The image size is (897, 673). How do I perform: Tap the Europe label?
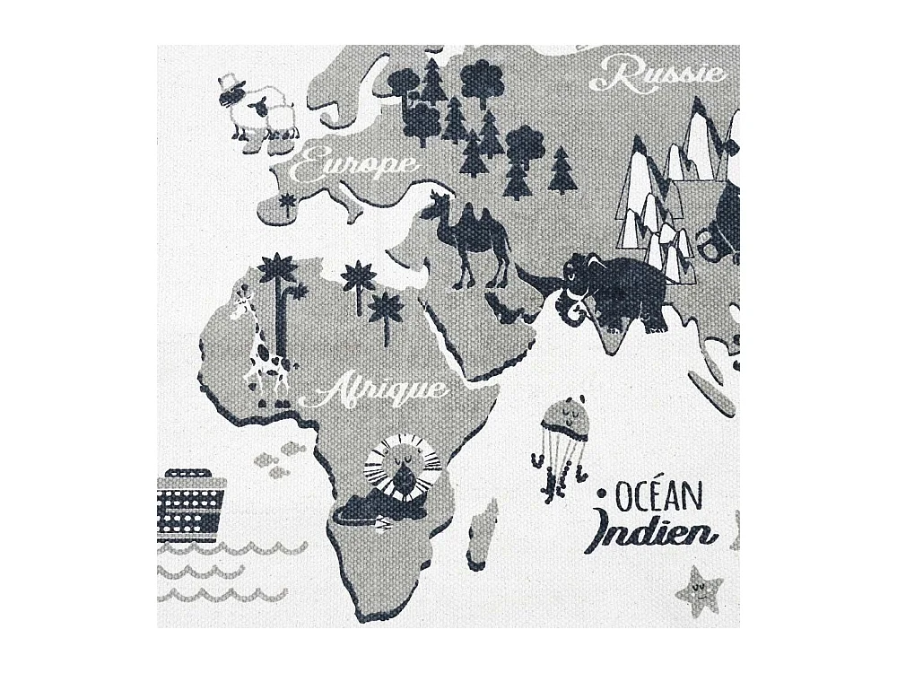357,166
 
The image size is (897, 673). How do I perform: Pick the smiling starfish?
699,588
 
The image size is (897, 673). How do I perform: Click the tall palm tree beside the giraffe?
280,305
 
